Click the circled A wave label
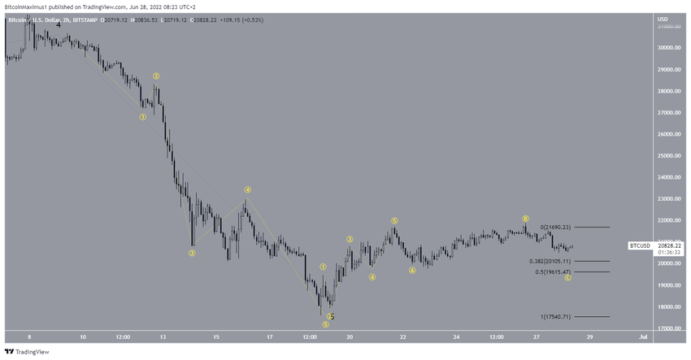coord(412,271)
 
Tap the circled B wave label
coord(525,219)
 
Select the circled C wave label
coord(568,278)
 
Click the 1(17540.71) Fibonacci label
coord(555,317)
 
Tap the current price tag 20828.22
coord(670,245)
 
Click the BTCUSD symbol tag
coord(640,245)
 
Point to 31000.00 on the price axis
coord(670,26)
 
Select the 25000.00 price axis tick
coord(670,155)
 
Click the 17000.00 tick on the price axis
coord(670,328)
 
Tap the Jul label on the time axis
coord(643,336)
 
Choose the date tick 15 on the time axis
coord(216,336)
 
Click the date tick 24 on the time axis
coord(457,336)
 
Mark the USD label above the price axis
coord(663,19)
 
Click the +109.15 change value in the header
coord(224,18)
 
